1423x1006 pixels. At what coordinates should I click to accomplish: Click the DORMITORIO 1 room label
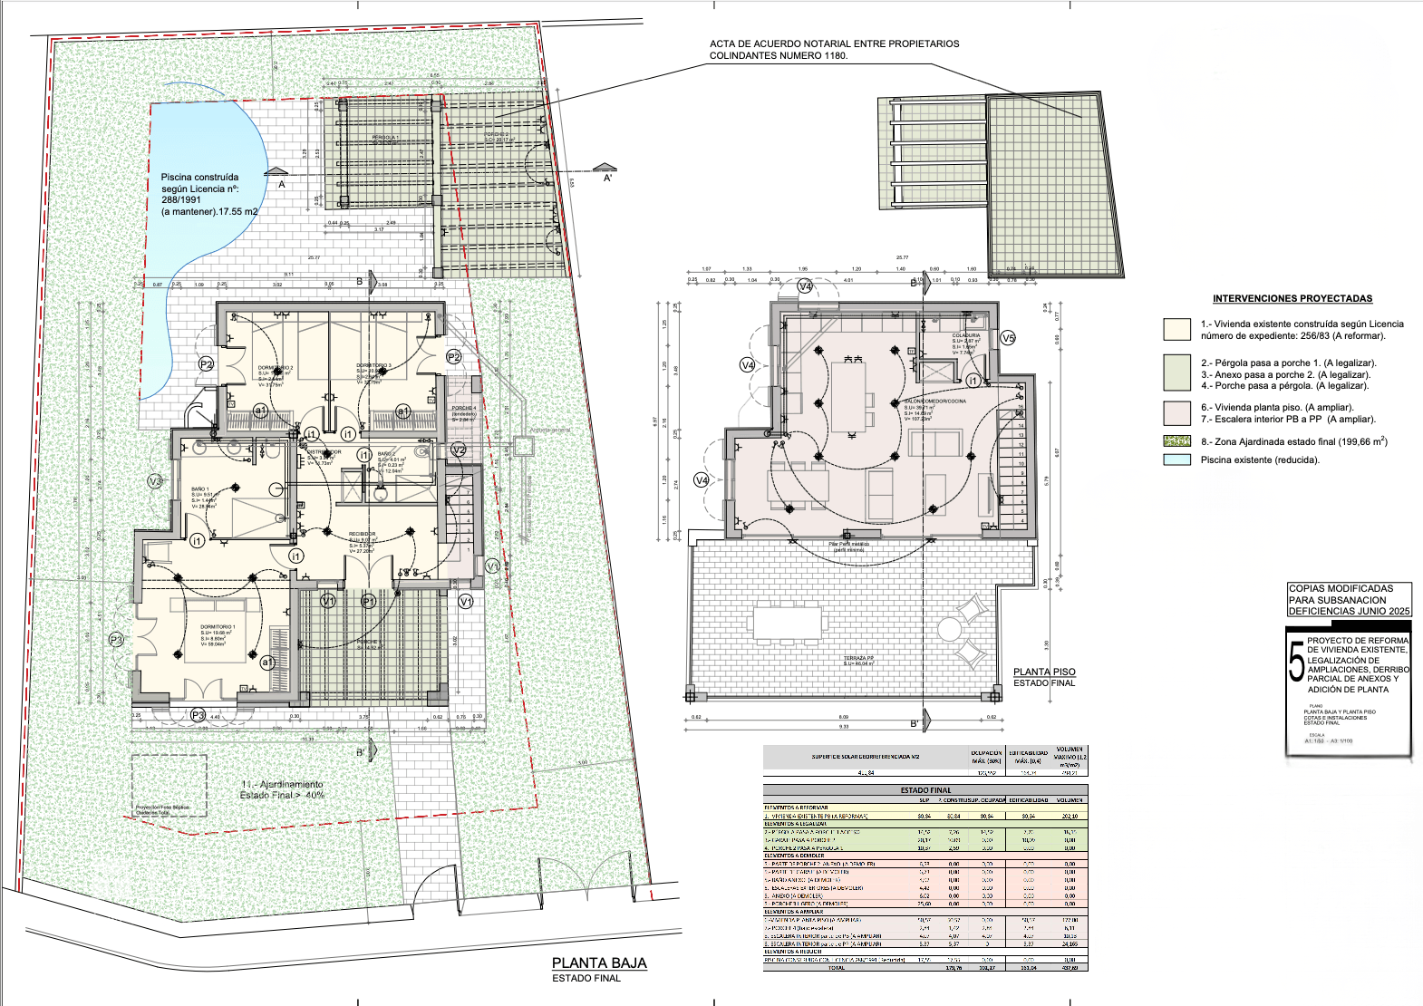(218, 627)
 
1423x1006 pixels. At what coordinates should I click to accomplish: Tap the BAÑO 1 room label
(199, 489)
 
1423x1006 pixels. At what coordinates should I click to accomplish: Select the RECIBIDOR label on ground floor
(362, 534)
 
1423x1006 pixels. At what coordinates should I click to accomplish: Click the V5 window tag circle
(1008, 338)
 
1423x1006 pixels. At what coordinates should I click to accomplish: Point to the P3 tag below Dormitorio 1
(198, 715)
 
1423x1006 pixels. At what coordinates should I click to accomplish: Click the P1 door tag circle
(368, 601)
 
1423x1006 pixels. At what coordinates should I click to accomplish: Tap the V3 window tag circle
(155, 481)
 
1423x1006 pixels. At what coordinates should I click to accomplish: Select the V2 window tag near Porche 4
(458, 450)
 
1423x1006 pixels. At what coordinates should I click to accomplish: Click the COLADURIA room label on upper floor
(965, 335)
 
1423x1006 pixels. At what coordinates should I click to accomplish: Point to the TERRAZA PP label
(858, 658)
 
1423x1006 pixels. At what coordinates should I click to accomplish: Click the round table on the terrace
(949, 628)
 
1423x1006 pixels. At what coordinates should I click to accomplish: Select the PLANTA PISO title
(1044, 672)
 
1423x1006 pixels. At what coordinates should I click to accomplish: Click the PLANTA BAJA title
(599, 963)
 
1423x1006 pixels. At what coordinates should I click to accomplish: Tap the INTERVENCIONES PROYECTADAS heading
(1292, 298)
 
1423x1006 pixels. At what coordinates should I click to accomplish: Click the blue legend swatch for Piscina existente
(1176, 459)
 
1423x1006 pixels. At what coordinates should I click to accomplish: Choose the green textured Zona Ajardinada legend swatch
(1176, 441)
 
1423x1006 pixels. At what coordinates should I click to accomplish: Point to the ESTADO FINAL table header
(925, 790)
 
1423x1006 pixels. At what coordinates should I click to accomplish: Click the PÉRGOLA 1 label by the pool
(385, 138)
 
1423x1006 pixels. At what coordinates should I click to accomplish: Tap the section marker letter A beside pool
(282, 184)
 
